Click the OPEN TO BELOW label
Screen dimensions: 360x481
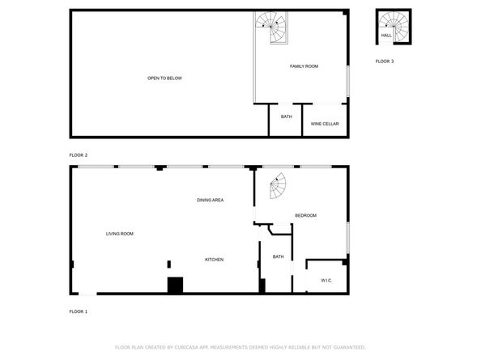[x=164, y=78]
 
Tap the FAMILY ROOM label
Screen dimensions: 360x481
[x=304, y=66]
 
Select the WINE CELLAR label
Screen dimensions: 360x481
[x=325, y=124]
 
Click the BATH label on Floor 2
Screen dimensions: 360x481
[x=286, y=116]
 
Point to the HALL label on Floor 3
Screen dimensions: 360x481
[x=386, y=36]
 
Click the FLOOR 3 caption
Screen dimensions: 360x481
[x=384, y=61]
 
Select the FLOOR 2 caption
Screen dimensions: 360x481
[x=79, y=155]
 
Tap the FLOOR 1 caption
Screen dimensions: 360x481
[x=78, y=311]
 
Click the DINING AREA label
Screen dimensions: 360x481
[x=210, y=200]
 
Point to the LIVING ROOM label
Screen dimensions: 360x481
[x=119, y=234]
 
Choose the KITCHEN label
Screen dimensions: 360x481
[x=214, y=260]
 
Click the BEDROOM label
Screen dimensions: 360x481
[x=305, y=215]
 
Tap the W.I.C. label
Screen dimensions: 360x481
[x=326, y=281]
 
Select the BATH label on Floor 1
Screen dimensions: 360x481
[x=278, y=257]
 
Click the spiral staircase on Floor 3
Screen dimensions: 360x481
[x=394, y=27]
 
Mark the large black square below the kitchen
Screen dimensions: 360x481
[x=175, y=285]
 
